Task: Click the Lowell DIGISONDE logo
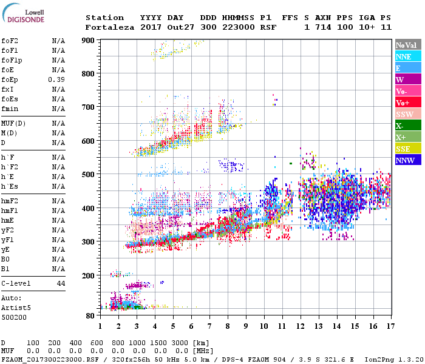pos(22,16)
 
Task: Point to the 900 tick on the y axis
pos(89,41)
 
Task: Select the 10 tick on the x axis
pos(263,326)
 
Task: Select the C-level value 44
pos(61,283)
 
